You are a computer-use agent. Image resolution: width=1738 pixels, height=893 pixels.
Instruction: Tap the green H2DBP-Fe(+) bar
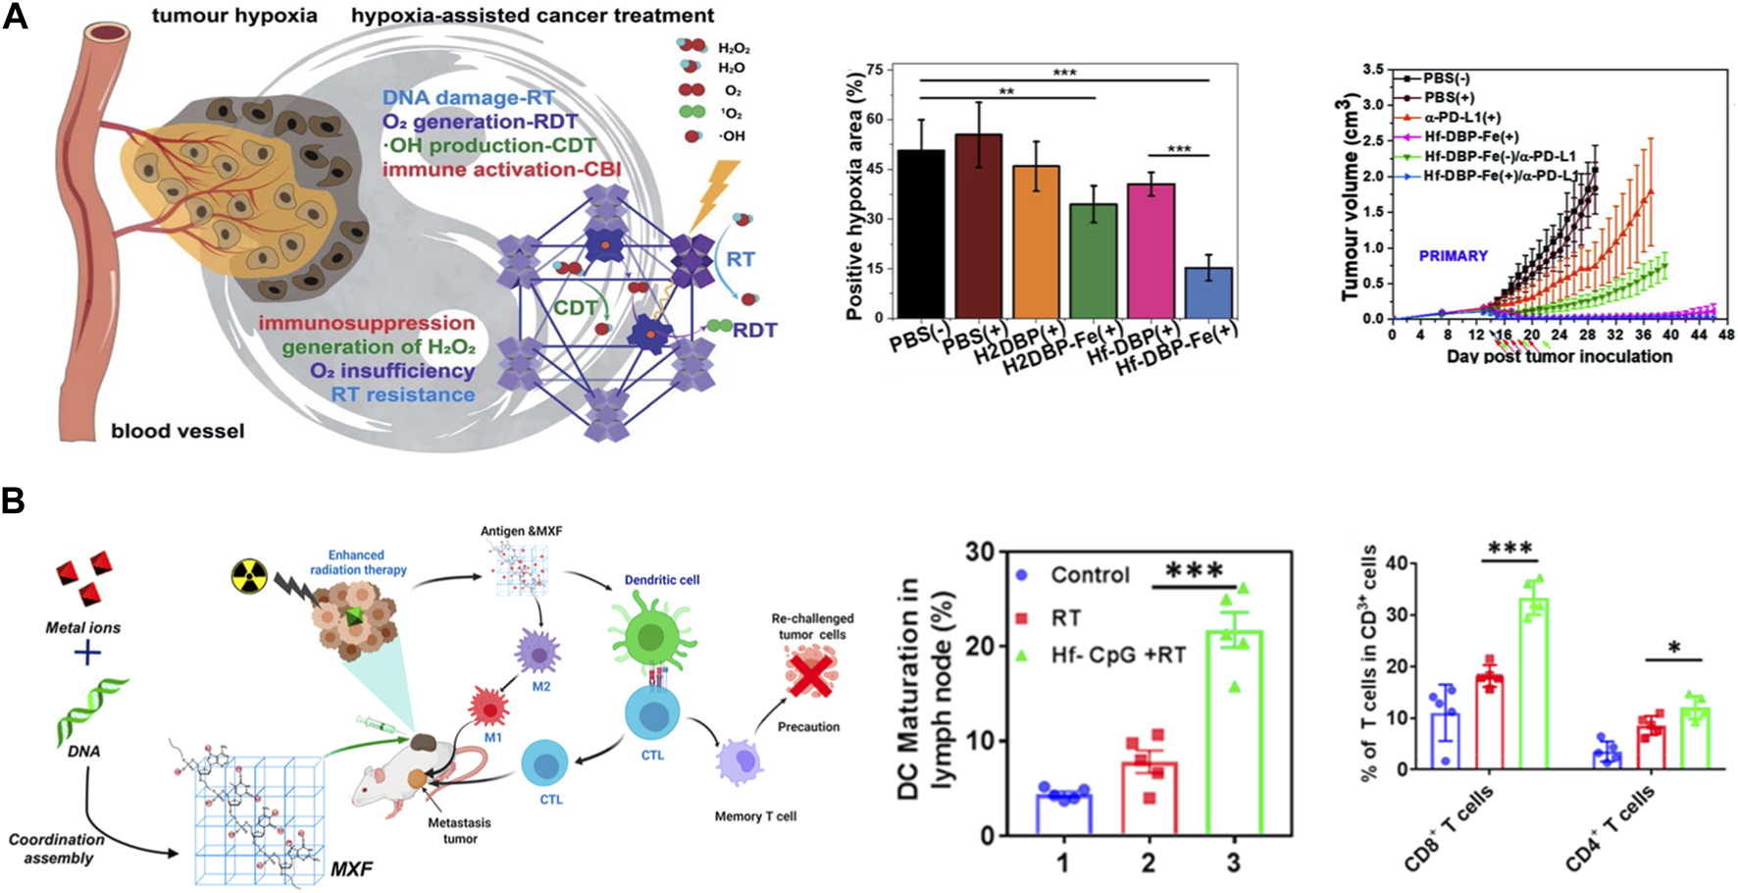1093,260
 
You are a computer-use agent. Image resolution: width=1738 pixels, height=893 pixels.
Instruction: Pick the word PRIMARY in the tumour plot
1453,256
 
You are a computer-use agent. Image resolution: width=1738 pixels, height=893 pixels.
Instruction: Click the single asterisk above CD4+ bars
1673,648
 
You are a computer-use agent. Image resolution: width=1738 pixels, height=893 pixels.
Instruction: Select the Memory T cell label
755,816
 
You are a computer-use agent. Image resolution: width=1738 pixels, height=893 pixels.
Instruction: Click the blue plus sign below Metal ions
87,652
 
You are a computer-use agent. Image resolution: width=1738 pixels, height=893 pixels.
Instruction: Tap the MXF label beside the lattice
351,868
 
